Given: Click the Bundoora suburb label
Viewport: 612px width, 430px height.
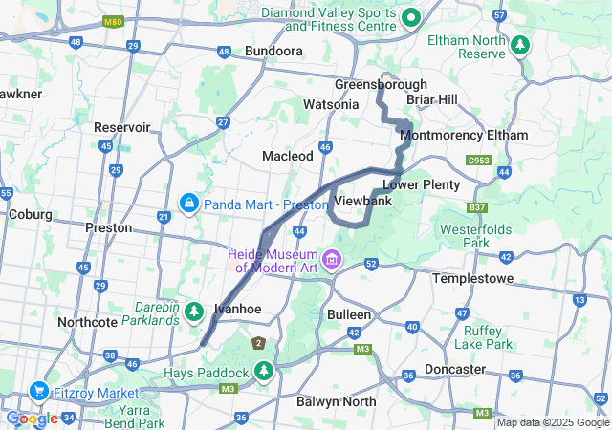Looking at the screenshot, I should pos(274,51).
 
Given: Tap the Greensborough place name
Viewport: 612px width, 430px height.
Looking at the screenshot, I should pos(380,84).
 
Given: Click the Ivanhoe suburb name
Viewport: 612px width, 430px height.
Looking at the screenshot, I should pos(237,309).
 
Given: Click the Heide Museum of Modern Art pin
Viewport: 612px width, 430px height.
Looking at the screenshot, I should pos(333,258).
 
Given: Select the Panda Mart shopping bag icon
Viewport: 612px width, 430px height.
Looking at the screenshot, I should pos(188,204).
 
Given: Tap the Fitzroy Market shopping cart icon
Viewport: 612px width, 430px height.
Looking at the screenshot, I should pos(39,390).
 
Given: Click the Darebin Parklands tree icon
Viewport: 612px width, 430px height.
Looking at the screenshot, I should pos(194,312).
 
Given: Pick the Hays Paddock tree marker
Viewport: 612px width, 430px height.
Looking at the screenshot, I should pos(263,371).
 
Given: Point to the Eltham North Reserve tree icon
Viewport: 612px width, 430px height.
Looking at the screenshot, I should pos(520,45).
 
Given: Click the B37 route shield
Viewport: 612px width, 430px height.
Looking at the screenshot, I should pos(476,207).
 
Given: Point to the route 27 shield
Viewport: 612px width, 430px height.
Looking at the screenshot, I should pos(222,121).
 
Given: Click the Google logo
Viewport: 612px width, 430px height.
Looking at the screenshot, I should pos(32,419).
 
